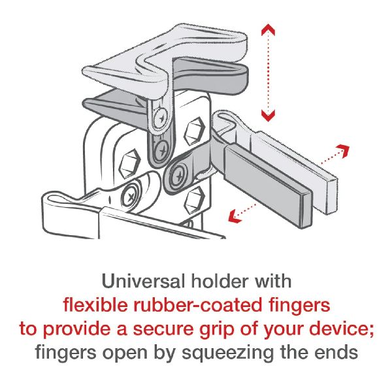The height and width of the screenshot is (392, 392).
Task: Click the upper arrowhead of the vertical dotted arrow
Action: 268,29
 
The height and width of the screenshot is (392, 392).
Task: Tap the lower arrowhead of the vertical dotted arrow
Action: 268,116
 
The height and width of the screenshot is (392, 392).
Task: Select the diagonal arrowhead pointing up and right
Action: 343,150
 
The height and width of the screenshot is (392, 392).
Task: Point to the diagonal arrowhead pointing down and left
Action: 235,216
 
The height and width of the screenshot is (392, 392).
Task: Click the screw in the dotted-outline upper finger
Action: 161,117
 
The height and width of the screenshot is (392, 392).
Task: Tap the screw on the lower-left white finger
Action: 130,197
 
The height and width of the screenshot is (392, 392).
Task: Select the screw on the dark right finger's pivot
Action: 178,176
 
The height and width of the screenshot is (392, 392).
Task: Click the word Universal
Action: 143,281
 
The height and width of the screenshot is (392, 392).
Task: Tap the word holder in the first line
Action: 220,281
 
